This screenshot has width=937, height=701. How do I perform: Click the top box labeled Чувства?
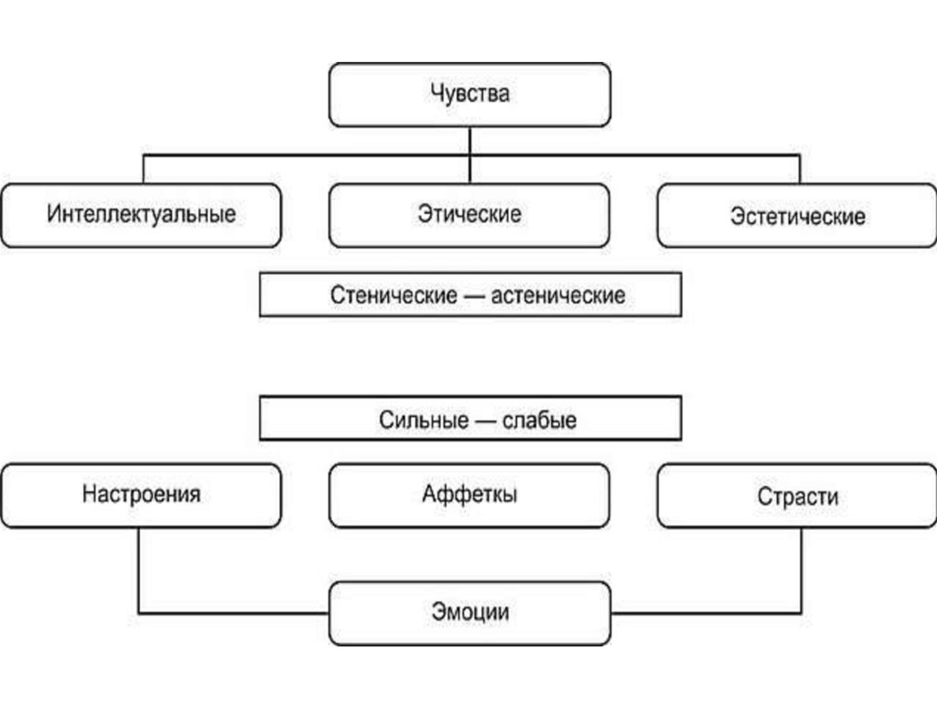coord(469,94)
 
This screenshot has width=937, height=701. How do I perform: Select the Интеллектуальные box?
coord(141,215)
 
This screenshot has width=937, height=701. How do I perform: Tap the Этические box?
coord(469,215)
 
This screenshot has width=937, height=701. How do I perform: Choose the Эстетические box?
coord(797,217)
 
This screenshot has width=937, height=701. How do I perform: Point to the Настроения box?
coord(141,494)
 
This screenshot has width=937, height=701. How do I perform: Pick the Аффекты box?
coord(469,494)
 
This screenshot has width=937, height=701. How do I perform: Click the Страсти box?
coord(797,496)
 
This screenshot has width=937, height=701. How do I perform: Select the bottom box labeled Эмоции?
coord(469,611)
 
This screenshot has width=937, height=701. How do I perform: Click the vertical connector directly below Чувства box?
coord(469,141)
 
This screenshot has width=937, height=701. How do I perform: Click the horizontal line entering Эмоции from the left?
coord(233,612)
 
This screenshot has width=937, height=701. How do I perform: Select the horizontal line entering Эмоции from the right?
coord(705,612)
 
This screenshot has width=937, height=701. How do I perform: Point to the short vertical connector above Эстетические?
coord(800,169)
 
